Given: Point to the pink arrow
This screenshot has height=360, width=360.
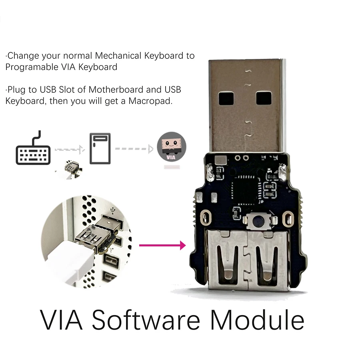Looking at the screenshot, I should pos(162,245).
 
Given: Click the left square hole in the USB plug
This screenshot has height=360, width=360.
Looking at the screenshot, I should pos(226,98).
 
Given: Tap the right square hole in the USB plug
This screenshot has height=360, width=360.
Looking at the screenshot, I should pos(264,98).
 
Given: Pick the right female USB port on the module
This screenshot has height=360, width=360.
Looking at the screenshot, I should pos(267,260).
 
